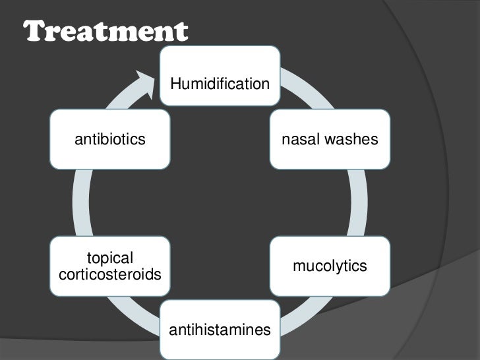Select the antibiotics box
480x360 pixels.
coord(109,139)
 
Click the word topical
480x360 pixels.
coord(110,258)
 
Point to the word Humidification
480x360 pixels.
coord(220,84)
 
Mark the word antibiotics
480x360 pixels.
coord(109,139)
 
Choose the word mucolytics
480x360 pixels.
coord(330,266)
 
